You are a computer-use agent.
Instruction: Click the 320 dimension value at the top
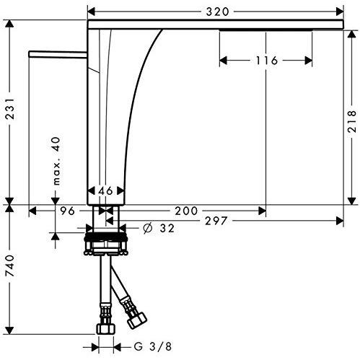click(x=214, y=11)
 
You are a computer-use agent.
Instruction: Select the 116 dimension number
click(x=266, y=61)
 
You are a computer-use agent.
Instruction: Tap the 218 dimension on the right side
click(x=351, y=115)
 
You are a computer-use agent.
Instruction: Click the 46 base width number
click(x=105, y=190)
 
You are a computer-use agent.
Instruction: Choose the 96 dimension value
click(x=68, y=211)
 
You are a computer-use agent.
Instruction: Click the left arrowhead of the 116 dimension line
click(x=222, y=61)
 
